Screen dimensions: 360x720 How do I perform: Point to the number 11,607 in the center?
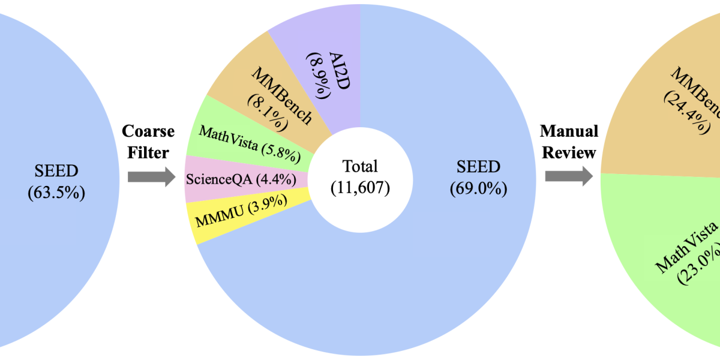pos(360,188)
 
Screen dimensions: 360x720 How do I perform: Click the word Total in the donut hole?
pos(360,166)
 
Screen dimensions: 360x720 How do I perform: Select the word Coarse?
pos(148,131)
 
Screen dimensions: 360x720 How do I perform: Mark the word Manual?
pos(569,131)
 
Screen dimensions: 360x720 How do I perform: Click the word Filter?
pos(148,153)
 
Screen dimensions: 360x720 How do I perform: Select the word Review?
pos(569,153)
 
